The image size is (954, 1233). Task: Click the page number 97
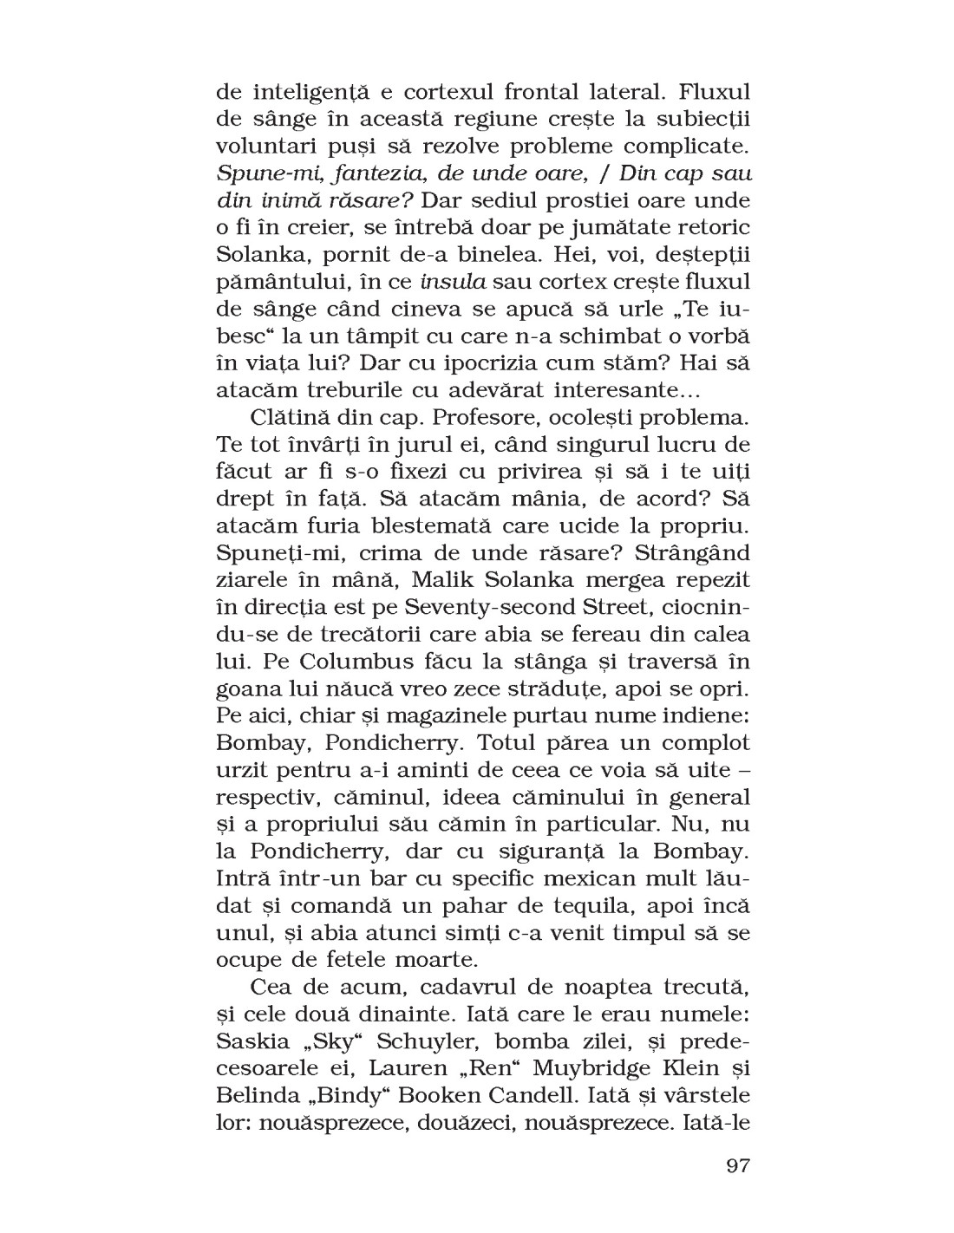(x=737, y=1164)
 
